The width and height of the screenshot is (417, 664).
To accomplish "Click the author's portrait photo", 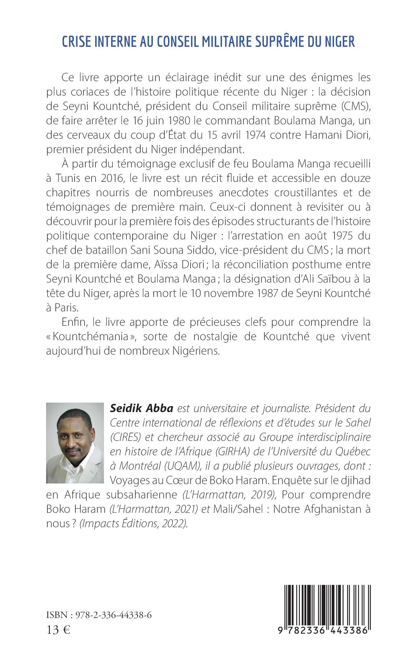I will click(x=75, y=443).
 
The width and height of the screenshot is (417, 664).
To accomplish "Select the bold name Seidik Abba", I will click(x=141, y=408).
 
